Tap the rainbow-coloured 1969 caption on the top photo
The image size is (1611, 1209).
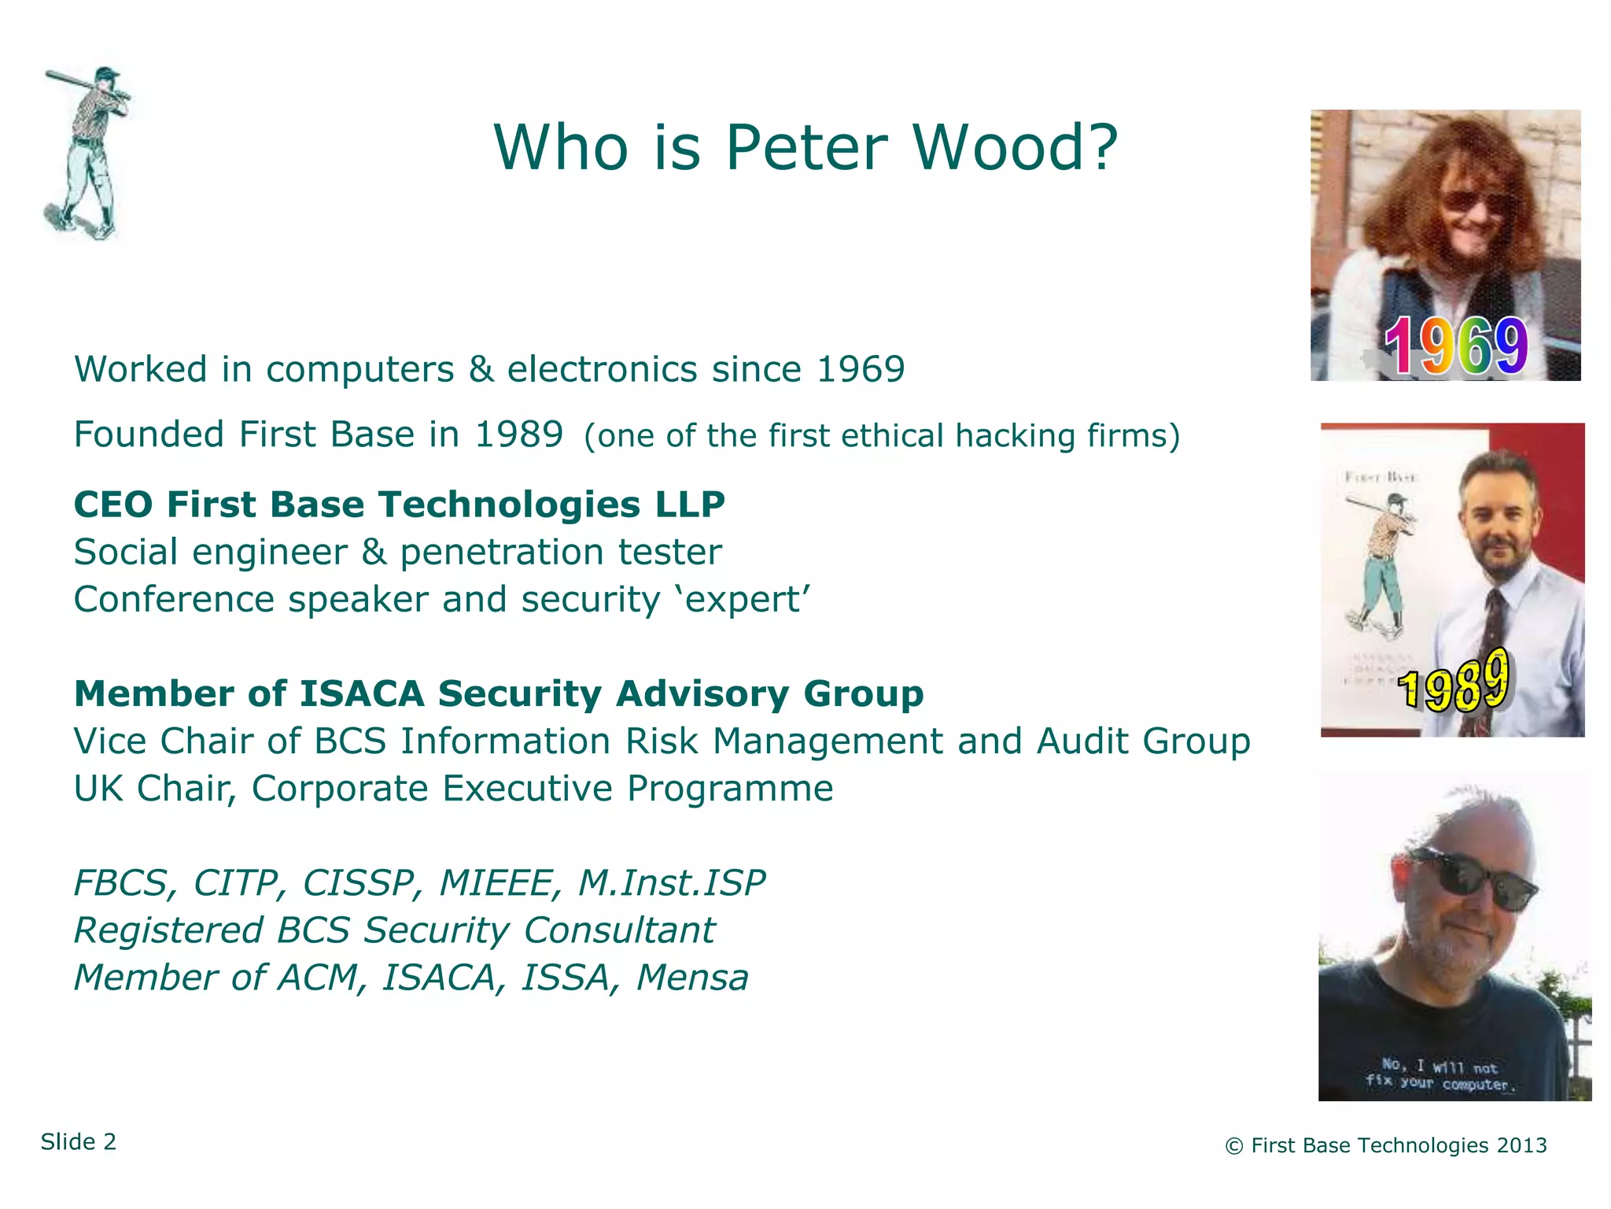[x=1455, y=346]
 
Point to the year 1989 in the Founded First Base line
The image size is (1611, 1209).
[x=519, y=434]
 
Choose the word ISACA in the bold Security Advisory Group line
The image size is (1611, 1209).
[x=363, y=694]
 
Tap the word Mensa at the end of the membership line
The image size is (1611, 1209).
[x=692, y=978]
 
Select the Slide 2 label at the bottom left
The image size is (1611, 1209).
[x=79, y=1142]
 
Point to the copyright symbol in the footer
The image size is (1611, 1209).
[x=1234, y=1147]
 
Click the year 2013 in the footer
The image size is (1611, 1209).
[x=1521, y=1146]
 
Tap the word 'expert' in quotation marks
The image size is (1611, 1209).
[x=743, y=600]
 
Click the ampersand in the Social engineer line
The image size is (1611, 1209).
[x=374, y=553]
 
